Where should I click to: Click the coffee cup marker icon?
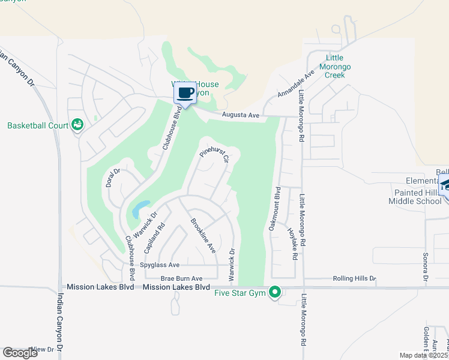coord(185,94)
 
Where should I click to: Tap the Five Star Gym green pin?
coord(275,292)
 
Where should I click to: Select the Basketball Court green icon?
coord(77,125)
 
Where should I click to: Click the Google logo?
coord(20,353)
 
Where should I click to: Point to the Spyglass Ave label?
coord(160,265)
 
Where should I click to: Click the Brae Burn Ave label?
coord(181,278)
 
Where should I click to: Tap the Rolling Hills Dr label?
coord(354,278)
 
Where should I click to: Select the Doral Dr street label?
coord(113,178)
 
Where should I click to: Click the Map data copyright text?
coord(424,355)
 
